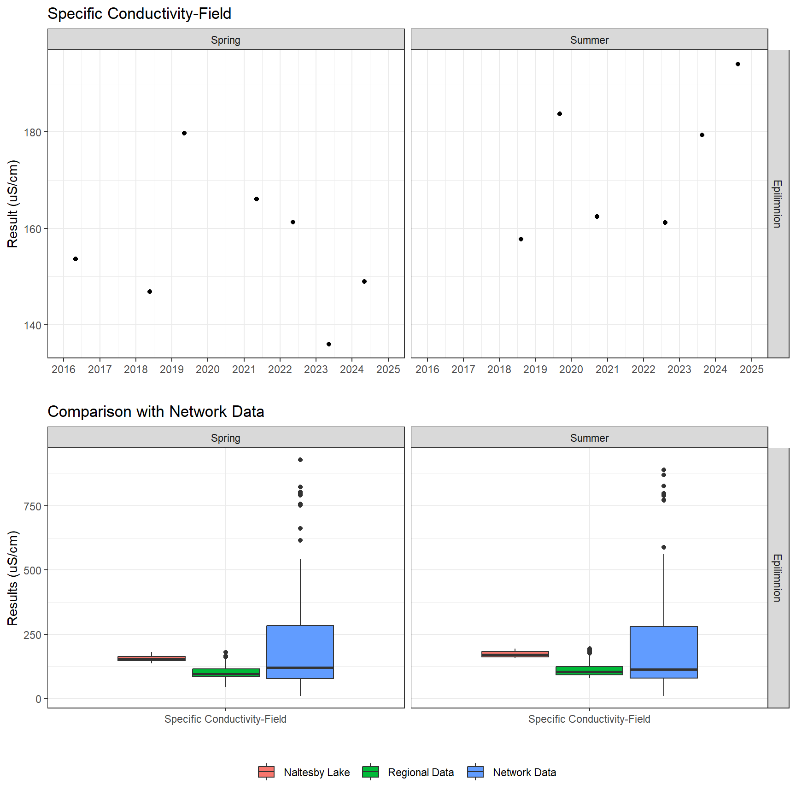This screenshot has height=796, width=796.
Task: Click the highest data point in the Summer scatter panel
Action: coord(738,64)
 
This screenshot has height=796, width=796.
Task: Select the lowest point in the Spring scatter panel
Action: coord(329,344)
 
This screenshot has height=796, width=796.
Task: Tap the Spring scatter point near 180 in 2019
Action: coord(184,133)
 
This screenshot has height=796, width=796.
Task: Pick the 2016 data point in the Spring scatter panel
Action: coord(76,259)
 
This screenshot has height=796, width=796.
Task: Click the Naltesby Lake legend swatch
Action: coord(266,772)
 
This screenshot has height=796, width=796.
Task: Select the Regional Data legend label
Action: coord(421,773)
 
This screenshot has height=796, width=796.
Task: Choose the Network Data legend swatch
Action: coord(475,772)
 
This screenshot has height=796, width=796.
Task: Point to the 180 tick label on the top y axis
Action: coord(32,133)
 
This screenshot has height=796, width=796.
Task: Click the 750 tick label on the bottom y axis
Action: coord(32,506)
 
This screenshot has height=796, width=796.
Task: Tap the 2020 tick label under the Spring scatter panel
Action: coord(208,369)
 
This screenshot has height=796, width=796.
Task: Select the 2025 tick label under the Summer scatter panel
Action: coord(751,369)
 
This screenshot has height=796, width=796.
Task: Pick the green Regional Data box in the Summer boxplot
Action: coord(589,671)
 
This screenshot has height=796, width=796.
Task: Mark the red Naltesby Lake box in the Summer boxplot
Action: coord(515,654)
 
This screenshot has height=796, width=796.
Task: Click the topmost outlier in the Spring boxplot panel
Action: coord(300,460)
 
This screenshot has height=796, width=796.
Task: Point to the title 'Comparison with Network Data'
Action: coord(156,411)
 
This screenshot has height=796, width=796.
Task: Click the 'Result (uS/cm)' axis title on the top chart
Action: coord(13,204)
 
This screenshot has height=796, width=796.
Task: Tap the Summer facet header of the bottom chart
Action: coord(589,438)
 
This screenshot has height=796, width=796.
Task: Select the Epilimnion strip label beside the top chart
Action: coord(778,204)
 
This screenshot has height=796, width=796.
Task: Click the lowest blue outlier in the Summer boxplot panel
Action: coord(664,547)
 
